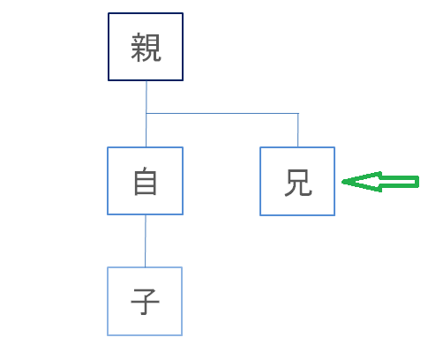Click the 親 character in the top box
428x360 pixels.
(x=146, y=48)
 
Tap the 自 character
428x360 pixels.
(x=146, y=181)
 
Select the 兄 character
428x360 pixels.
(x=298, y=183)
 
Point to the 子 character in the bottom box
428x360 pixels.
(x=145, y=302)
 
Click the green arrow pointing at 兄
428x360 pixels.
(x=380, y=182)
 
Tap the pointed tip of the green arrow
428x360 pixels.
(x=342, y=182)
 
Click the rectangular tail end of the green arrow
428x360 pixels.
(x=417, y=182)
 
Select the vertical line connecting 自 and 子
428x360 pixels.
(x=146, y=241)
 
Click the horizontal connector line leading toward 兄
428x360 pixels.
(x=222, y=113)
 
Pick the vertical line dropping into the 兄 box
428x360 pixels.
(x=298, y=130)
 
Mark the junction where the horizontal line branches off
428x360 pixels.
(x=146, y=113)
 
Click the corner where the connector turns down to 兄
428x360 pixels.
(x=298, y=113)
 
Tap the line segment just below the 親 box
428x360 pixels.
(x=146, y=97)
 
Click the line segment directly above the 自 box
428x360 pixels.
(x=146, y=130)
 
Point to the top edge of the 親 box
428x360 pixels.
(x=146, y=13)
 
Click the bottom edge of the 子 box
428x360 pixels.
(x=145, y=334)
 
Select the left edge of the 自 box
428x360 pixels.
(x=108, y=181)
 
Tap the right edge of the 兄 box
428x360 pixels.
(x=334, y=181)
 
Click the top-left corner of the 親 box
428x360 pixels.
(x=109, y=13)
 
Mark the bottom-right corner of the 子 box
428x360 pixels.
(x=182, y=334)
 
